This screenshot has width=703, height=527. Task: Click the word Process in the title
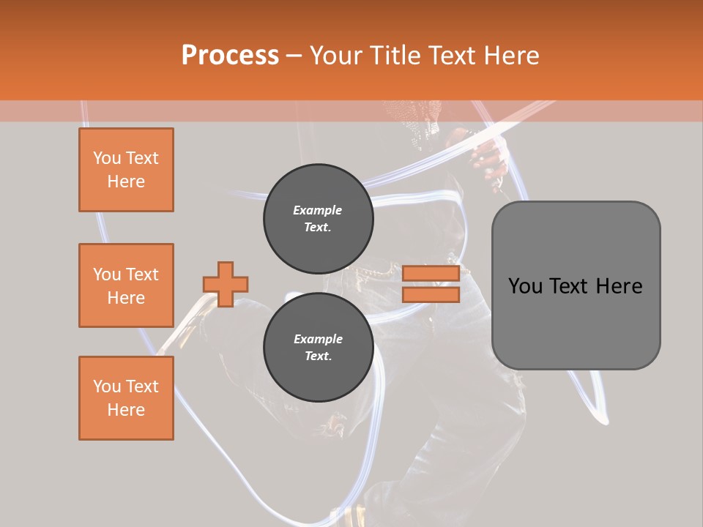tap(230, 56)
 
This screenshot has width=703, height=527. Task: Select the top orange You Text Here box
tap(126, 170)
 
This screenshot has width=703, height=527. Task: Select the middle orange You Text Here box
tap(126, 285)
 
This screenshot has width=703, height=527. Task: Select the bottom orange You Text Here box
tap(126, 398)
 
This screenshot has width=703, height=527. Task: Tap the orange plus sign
tap(226, 284)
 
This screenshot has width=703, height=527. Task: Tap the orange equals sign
tap(431, 284)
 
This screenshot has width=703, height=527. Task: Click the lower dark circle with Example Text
tap(318, 347)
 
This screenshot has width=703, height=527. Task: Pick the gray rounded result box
tap(576, 285)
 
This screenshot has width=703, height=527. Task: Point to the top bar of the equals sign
tap(431, 274)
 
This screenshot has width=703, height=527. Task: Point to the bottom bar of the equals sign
tap(431, 294)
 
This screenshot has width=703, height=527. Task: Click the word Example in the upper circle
tap(317, 210)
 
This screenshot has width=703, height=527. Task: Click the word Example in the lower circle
tap(317, 339)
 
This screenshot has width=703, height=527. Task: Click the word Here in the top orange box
tap(126, 182)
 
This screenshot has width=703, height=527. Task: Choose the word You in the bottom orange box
tap(106, 386)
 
